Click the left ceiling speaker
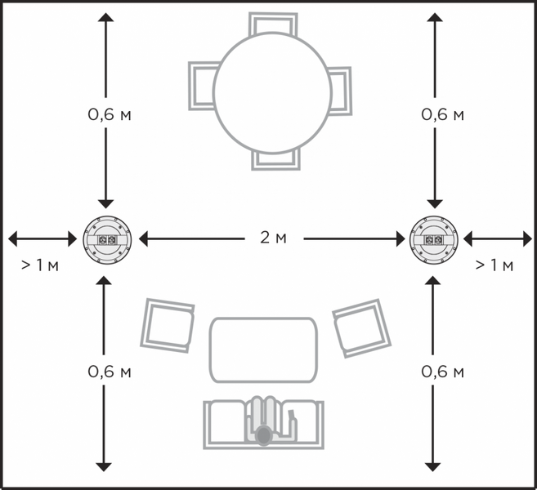click(x=107, y=239)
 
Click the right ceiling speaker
click(x=433, y=239)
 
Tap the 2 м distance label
click(x=273, y=238)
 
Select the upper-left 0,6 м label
click(x=110, y=114)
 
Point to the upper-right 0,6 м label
click(x=442, y=114)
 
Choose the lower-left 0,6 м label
click(x=110, y=372)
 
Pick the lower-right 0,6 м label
click(x=442, y=372)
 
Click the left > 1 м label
click(x=40, y=265)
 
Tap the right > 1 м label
click(x=494, y=265)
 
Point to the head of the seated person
click(x=263, y=435)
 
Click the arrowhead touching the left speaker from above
click(x=105, y=204)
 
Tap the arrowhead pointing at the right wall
click(x=528, y=238)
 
